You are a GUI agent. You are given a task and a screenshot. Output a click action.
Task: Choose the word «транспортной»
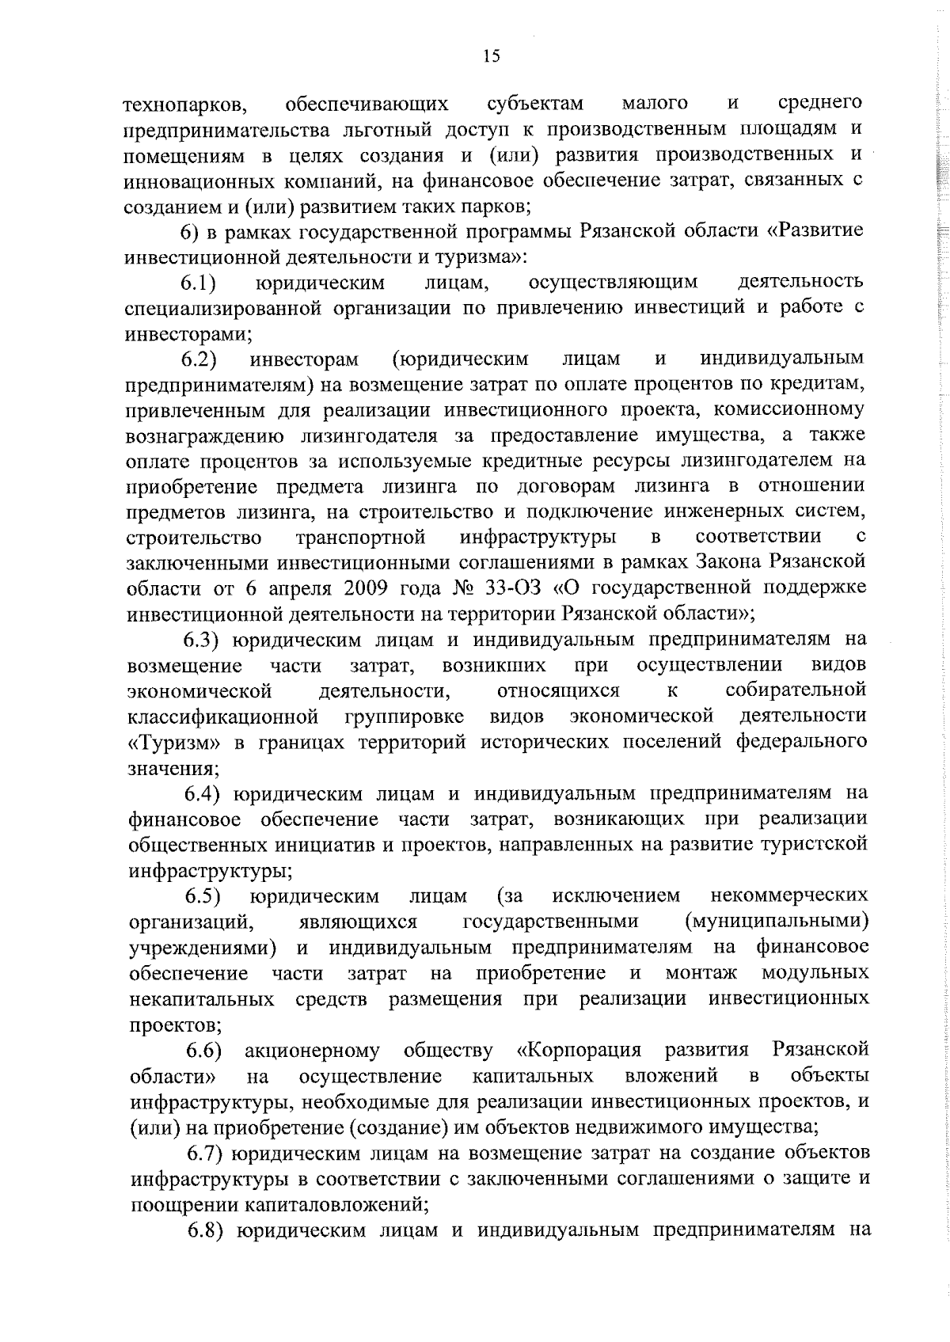coord(360,537)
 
